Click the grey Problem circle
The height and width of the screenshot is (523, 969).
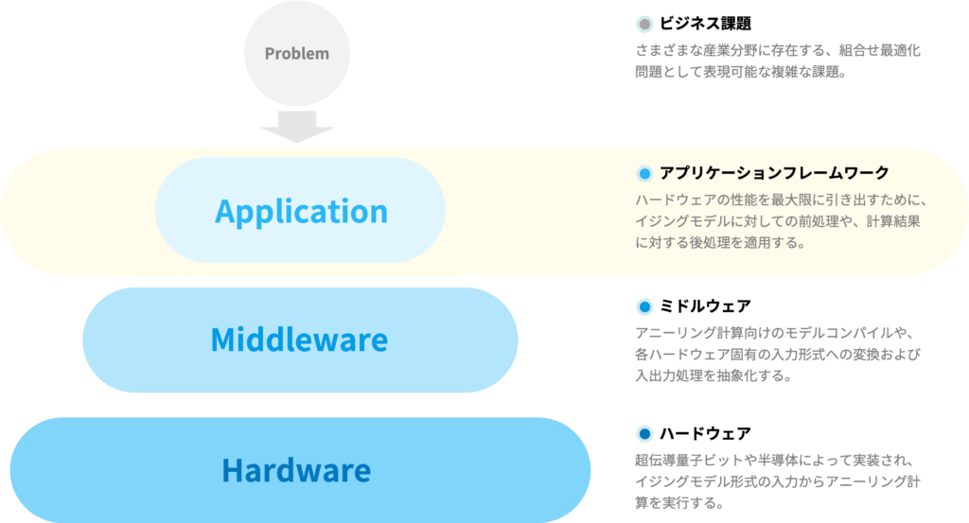(x=297, y=53)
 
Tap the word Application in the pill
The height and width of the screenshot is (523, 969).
(x=301, y=211)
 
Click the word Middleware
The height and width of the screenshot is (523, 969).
(x=299, y=340)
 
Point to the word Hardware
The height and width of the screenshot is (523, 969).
(x=296, y=470)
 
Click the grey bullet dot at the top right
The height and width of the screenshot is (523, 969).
(x=644, y=25)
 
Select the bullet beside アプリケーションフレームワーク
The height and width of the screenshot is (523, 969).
(x=644, y=173)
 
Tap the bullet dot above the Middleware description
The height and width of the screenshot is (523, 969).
(x=644, y=306)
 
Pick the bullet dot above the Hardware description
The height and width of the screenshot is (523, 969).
(x=644, y=434)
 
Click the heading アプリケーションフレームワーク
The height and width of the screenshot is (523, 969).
(x=774, y=173)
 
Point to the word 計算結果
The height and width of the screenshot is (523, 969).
(x=894, y=221)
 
